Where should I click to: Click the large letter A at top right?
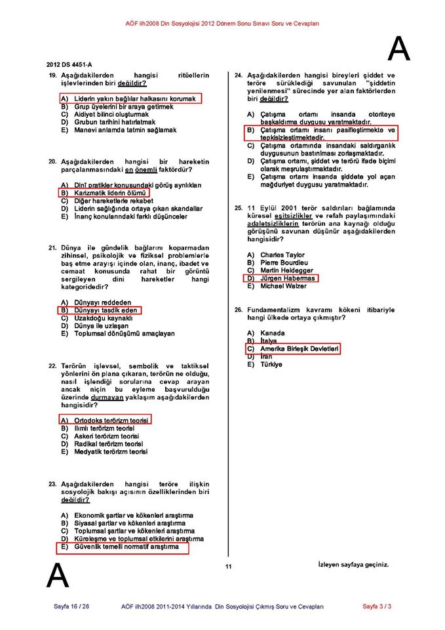(399, 48)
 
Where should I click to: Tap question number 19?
(52, 76)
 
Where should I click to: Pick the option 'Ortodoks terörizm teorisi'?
(111, 420)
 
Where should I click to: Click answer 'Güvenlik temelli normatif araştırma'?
(126, 547)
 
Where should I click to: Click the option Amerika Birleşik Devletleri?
(300, 350)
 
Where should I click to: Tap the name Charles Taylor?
(282, 255)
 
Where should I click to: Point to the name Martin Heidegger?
(286, 270)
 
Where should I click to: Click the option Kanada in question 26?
(273, 333)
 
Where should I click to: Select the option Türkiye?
(271, 364)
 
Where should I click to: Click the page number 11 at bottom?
(228, 567)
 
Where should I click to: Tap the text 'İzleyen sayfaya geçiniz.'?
(353, 564)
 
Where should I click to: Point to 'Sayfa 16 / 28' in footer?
(71, 606)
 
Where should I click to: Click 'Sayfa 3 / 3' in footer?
(377, 606)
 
